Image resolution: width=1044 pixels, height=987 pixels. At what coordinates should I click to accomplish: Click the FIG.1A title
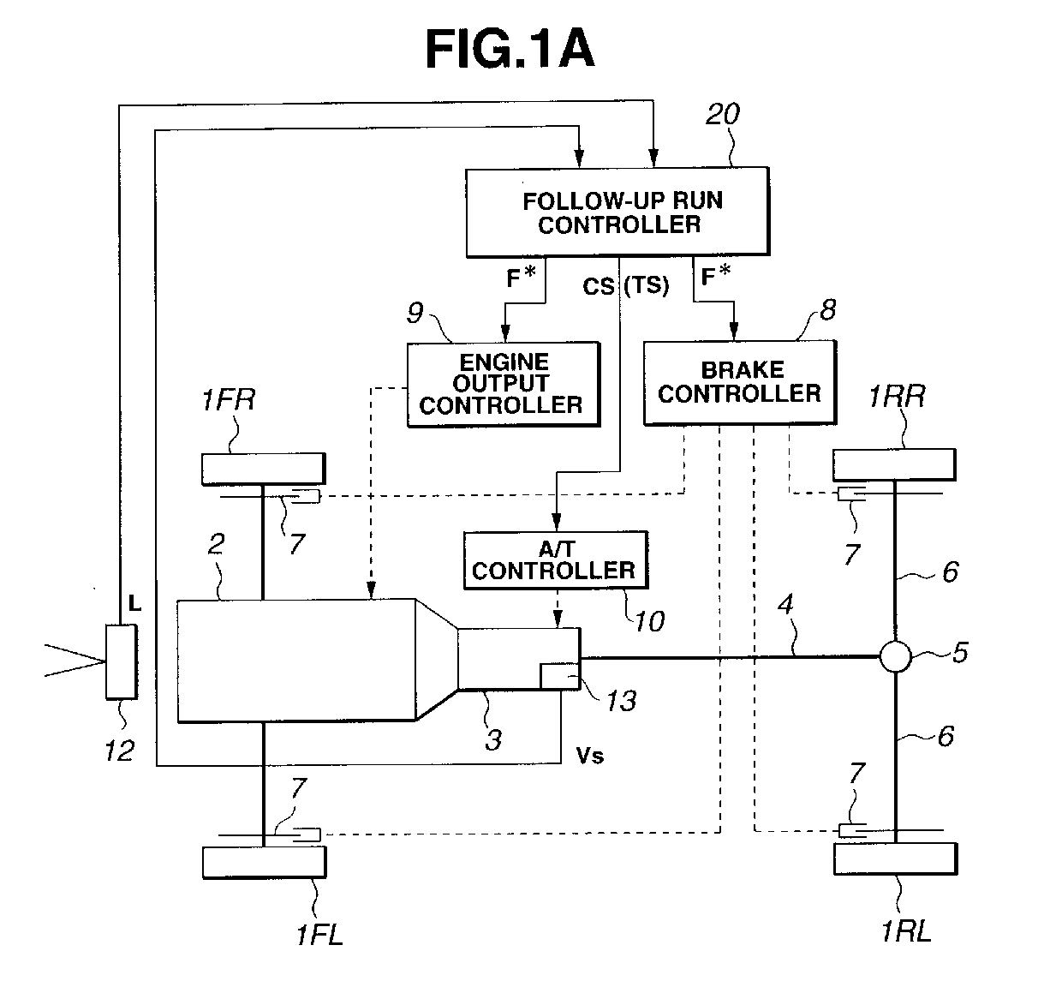(x=510, y=50)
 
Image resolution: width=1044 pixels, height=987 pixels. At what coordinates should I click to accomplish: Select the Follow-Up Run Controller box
(x=617, y=212)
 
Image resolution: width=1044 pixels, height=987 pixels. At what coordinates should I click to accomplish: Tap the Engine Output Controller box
(x=503, y=384)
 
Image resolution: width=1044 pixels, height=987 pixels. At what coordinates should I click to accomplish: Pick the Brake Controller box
(x=740, y=382)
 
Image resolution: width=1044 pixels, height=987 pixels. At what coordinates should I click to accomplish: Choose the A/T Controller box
(x=556, y=559)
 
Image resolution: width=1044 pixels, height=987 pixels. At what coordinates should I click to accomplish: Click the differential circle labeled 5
(x=895, y=656)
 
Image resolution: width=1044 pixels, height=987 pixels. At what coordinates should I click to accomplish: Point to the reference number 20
(x=723, y=114)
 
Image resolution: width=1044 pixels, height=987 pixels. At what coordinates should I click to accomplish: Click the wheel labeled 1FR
(x=264, y=469)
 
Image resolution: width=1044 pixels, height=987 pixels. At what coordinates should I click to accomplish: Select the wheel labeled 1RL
(x=895, y=858)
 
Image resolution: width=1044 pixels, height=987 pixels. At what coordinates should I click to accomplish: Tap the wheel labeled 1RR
(x=894, y=464)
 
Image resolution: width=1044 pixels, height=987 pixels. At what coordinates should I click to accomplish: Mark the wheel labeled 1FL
(x=265, y=862)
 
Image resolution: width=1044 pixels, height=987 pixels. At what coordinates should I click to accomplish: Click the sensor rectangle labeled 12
(x=122, y=662)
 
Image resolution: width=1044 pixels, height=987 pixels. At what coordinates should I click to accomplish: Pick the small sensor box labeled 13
(x=560, y=677)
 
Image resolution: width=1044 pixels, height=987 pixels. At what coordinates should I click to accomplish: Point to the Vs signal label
(x=590, y=757)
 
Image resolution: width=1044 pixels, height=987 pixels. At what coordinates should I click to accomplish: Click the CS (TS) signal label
(x=625, y=285)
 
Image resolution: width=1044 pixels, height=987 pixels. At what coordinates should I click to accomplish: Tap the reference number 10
(x=649, y=622)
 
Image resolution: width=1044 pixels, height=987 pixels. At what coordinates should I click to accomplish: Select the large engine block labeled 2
(x=296, y=661)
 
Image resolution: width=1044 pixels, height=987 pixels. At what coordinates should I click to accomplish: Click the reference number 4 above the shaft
(x=784, y=605)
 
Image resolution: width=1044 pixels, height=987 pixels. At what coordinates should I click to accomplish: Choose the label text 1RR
(x=897, y=397)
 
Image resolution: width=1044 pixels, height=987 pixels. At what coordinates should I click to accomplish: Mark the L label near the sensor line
(x=134, y=603)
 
